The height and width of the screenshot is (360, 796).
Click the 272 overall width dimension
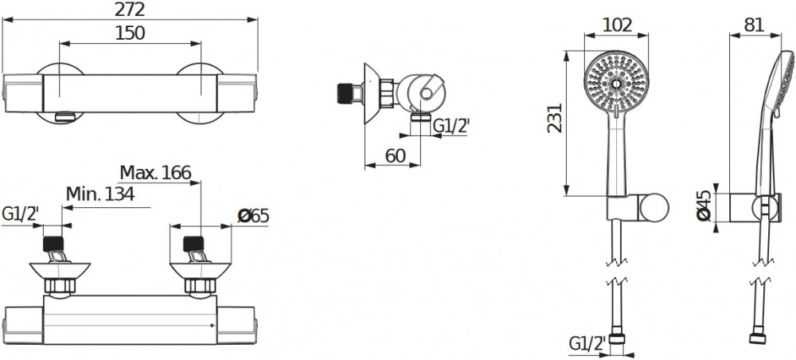[131, 10]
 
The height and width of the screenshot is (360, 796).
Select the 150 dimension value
[130, 33]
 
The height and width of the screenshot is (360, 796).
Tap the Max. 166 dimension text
[155, 173]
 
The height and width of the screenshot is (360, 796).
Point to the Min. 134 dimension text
[100, 194]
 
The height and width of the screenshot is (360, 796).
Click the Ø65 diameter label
[253, 216]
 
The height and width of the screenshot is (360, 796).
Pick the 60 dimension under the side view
[396, 156]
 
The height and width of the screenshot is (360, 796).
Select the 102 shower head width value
[617, 25]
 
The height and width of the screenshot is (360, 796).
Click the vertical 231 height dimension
[556, 118]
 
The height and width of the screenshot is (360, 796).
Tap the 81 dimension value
[754, 25]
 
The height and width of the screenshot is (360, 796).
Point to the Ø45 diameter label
[704, 206]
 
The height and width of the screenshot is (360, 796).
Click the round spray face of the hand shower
[616, 83]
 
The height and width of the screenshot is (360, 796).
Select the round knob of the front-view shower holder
[654, 208]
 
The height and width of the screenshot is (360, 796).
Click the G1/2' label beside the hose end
[587, 344]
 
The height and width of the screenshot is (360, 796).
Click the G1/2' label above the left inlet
[21, 214]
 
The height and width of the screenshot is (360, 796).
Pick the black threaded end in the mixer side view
[345, 93]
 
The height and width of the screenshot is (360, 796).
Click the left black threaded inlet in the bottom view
[53, 245]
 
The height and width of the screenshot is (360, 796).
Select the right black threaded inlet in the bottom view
[193, 245]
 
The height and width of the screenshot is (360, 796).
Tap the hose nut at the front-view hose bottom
[617, 338]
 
